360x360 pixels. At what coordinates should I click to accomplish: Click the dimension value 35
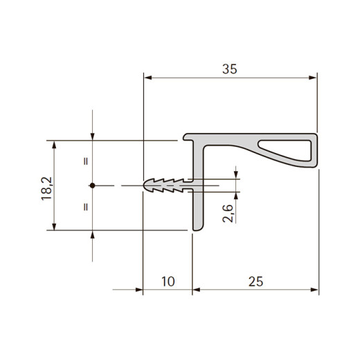click(230, 69)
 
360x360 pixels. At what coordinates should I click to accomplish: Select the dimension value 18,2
click(47, 188)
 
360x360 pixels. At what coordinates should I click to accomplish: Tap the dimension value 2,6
click(228, 213)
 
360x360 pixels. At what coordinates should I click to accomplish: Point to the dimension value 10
click(168, 282)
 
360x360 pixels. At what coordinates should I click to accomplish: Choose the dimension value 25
click(255, 282)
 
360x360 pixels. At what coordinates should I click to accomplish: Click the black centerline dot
click(93, 186)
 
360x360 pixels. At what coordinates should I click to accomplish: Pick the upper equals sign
click(86, 161)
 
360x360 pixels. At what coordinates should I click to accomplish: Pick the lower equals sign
click(86, 207)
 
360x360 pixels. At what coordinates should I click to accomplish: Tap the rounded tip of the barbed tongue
click(145, 186)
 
